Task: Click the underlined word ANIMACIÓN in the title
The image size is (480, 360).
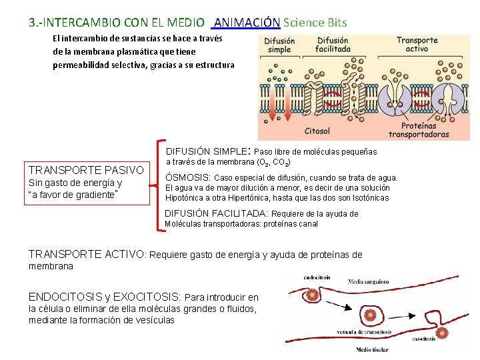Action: click(247, 22)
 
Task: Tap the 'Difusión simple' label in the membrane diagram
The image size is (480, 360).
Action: click(279, 45)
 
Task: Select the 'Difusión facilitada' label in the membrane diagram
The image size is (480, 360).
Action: click(333, 45)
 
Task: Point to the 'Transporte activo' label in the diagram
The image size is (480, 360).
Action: click(417, 45)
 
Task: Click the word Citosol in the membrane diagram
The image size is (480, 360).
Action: click(317, 131)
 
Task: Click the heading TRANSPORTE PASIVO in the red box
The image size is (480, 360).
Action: click(86, 170)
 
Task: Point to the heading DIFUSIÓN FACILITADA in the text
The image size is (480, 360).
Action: click(216, 213)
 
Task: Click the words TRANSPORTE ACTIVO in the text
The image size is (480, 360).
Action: click(86, 254)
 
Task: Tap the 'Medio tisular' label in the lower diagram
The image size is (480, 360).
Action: click(373, 349)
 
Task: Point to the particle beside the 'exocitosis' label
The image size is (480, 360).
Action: click(441, 333)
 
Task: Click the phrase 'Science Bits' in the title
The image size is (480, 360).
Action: click(315, 22)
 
